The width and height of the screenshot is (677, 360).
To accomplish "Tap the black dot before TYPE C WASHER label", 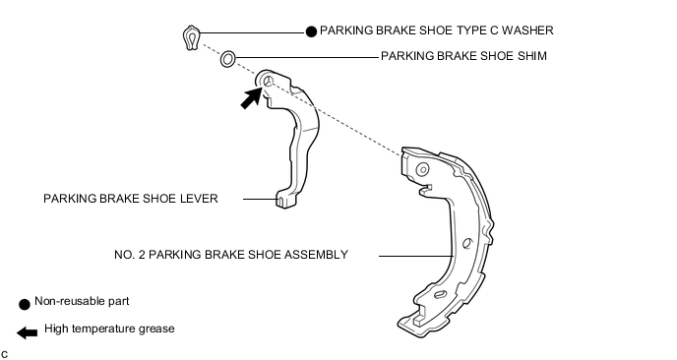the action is click(311, 31).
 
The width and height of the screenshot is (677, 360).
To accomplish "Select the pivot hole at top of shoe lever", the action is click(268, 81).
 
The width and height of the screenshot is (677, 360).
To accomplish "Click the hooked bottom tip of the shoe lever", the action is click(284, 201).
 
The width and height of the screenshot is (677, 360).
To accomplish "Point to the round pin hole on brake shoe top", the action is click(422, 169).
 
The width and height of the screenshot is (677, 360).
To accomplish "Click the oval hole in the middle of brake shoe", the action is click(467, 244).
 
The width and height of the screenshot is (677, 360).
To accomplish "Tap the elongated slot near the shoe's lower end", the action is click(440, 294).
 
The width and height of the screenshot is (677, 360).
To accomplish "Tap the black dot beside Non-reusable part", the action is click(25, 304).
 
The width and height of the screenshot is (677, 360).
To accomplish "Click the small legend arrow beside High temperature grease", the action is click(28, 332).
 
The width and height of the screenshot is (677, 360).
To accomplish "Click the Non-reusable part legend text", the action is click(82, 301).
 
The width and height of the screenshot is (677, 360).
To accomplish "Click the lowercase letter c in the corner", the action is click(4, 355).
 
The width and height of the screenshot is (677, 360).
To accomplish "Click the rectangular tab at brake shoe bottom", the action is click(419, 320).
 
